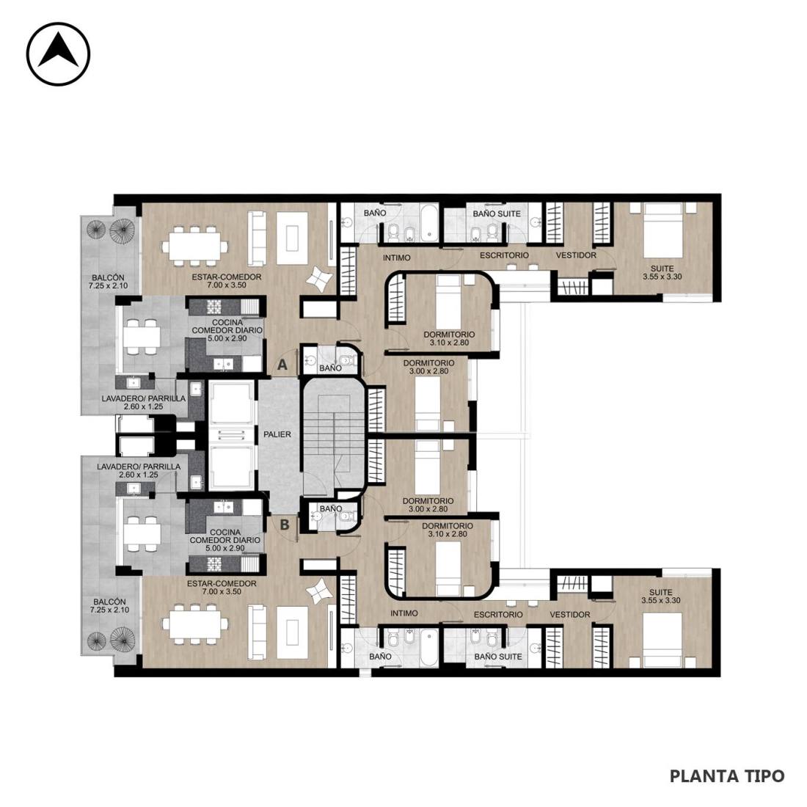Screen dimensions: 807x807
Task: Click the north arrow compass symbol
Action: click(x=58, y=54)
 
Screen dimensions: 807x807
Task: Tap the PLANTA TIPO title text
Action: click(x=727, y=775)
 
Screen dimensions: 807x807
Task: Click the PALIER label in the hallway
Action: click(x=277, y=434)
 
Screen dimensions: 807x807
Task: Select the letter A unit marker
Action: click(x=282, y=365)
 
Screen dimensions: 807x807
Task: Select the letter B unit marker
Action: click(x=284, y=525)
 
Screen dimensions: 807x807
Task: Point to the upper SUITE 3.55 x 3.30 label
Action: click(x=662, y=273)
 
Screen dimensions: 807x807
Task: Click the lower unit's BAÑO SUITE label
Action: click(x=498, y=657)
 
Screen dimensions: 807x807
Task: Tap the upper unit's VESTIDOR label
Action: click(x=577, y=255)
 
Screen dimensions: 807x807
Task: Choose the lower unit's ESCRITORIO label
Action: click(x=498, y=615)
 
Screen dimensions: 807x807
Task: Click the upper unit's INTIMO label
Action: click(x=397, y=258)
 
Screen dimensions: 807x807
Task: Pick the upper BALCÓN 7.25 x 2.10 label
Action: click(x=108, y=282)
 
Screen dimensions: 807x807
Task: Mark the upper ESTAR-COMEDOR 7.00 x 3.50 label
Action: click(x=227, y=281)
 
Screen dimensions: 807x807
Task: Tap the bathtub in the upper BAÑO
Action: click(x=428, y=223)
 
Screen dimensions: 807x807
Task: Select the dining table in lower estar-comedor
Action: click(x=194, y=625)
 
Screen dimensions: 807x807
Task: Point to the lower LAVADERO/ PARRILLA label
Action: click(x=139, y=471)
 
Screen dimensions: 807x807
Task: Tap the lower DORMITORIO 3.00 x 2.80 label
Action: click(x=428, y=505)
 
